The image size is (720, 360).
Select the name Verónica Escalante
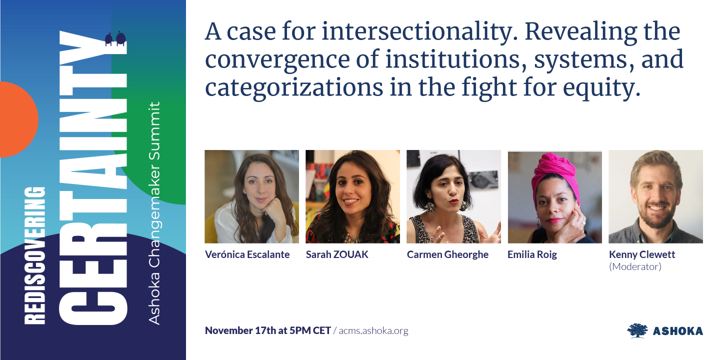pos(247,254)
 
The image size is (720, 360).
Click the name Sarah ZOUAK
pos(337,254)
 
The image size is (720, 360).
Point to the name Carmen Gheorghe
pos(447,254)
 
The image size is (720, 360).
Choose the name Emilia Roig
pos(532,254)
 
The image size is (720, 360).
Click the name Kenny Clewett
pos(642,254)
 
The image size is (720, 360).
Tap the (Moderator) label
pos(635,266)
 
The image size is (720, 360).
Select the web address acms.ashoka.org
pos(373,330)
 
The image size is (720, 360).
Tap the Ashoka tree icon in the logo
pos(637,330)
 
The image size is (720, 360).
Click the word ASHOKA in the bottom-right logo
pos(677,331)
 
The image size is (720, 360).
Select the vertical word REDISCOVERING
pos(35,255)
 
